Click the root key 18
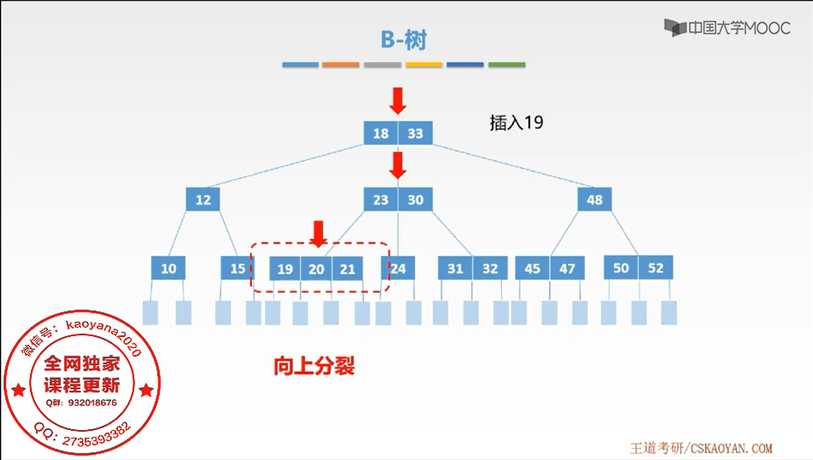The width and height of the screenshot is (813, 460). (381, 133)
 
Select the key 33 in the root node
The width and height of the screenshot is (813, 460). (415, 133)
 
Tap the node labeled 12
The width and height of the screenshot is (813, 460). (203, 200)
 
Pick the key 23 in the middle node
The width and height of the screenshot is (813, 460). (381, 200)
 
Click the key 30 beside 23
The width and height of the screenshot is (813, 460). (415, 200)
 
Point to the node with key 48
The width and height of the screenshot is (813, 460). (594, 200)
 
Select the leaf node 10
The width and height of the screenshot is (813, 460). (168, 268)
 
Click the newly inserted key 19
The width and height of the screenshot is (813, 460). (285, 269)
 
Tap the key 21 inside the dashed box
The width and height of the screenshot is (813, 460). (347, 269)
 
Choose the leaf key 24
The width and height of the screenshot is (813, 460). (398, 268)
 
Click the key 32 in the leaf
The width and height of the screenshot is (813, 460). (490, 268)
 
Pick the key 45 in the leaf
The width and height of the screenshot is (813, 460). (532, 268)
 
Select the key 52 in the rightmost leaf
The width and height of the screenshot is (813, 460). (655, 268)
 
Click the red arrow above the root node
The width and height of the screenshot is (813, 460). (398, 100)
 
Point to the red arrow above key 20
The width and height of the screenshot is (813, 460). (318, 233)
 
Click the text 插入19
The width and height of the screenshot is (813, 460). (516, 122)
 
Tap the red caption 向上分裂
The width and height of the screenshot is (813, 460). (314, 366)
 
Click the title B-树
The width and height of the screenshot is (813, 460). (404, 40)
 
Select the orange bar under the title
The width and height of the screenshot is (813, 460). (340, 65)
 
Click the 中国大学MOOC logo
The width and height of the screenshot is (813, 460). (727, 28)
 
